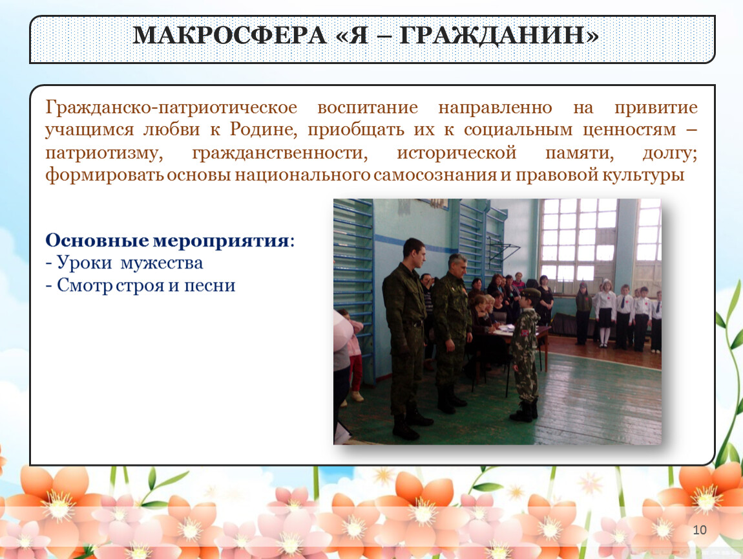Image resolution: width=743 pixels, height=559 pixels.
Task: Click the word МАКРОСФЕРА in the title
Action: click(230, 35)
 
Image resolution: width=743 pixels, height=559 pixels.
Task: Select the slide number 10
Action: click(700, 530)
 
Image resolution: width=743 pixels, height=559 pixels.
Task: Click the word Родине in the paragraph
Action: click(264, 129)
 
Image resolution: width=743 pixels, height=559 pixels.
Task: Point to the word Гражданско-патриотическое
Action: click(171, 107)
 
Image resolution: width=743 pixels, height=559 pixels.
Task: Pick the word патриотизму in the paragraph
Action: click(104, 153)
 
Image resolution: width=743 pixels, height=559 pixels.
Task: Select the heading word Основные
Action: click(97, 240)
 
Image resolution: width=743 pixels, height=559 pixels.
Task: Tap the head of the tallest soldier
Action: click(413, 251)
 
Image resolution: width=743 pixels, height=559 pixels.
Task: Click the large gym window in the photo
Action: click(578, 239)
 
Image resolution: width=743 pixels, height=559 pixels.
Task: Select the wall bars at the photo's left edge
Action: click(353, 285)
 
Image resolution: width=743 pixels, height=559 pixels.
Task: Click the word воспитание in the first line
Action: click(368, 107)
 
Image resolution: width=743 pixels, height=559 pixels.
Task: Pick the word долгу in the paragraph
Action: click(669, 153)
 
